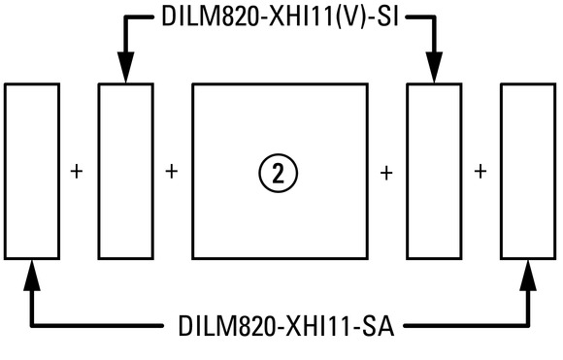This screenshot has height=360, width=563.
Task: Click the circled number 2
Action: (x=278, y=174)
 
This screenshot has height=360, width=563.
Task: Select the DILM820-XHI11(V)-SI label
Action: (x=281, y=16)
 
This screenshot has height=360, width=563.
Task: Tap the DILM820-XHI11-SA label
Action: (x=286, y=325)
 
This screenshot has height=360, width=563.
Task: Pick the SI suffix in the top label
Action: (x=387, y=16)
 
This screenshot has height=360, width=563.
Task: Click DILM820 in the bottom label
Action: (x=227, y=325)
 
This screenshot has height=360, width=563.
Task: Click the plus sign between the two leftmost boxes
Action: (x=77, y=172)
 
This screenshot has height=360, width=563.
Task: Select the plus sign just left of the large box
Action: (x=171, y=172)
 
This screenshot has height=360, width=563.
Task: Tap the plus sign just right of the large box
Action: (x=386, y=174)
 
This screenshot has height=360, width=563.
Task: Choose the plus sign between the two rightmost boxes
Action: (x=480, y=172)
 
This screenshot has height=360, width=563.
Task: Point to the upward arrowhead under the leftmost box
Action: (x=32, y=275)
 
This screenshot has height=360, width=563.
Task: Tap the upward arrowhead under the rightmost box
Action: (x=528, y=275)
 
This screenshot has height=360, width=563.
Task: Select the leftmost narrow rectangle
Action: (x=5, y=171)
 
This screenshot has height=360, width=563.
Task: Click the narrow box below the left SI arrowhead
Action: (x=99, y=171)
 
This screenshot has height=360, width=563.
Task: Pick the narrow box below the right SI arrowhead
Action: (x=407, y=171)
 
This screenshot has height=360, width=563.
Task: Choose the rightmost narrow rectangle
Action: (x=501, y=171)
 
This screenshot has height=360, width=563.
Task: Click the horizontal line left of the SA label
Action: (x=97, y=325)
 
